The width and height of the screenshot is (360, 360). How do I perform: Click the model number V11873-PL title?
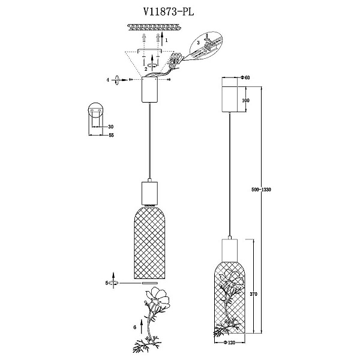[169, 12]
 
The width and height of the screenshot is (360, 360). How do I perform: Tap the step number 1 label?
[166, 40]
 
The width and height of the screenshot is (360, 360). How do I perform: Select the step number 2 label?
[146, 69]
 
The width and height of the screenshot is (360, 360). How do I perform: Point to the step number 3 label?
[199, 43]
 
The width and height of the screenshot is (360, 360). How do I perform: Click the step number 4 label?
[107, 80]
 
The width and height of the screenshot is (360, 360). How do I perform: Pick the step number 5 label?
[107, 283]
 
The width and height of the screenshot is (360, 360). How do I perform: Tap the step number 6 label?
[135, 328]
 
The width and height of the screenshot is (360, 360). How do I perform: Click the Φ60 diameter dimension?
[245, 77]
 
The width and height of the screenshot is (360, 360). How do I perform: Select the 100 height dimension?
[245, 100]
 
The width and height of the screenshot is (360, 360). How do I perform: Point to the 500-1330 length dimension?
[261, 190]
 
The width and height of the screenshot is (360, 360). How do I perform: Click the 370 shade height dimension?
[253, 294]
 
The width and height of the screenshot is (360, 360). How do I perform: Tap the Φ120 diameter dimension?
[229, 343]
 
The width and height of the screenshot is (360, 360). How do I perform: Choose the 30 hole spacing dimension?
[111, 127]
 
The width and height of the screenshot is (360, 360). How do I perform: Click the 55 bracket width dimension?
[111, 135]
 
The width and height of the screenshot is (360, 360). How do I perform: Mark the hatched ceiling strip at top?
[154, 28]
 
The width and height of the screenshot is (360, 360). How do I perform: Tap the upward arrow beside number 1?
[162, 39]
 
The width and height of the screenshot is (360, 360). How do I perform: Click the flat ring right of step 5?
[150, 283]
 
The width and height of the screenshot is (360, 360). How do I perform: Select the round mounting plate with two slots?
[95, 110]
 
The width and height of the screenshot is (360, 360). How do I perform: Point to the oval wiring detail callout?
[206, 46]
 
